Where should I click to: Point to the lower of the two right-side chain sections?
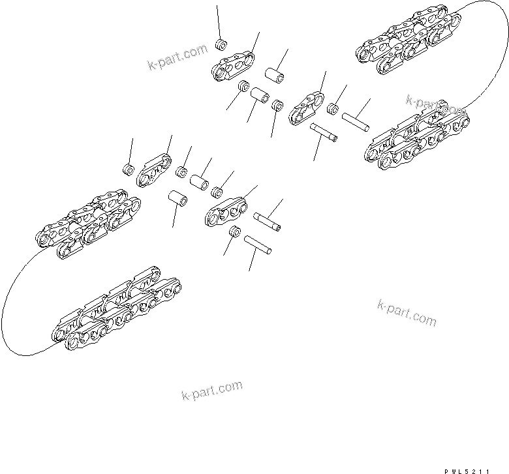pyautogui.click(x=415, y=140)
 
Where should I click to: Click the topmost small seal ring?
pyautogui.click(x=221, y=45)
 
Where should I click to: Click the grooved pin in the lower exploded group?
pyautogui.click(x=268, y=220)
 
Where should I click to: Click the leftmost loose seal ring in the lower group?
pyautogui.click(x=129, y=171)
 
